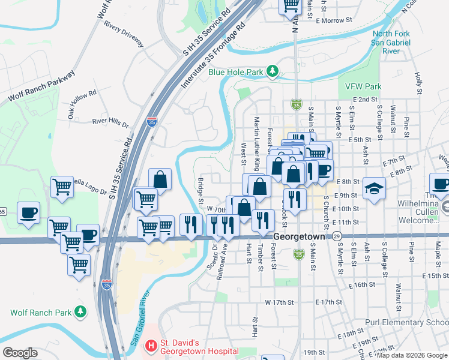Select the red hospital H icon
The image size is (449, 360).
click(x=151, y=346)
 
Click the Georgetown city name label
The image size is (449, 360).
click(x=299, y=237)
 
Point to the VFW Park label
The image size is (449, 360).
click(x=363, y=86)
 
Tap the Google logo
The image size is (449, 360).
click(x=20, y=353)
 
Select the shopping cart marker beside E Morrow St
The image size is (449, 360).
click(x=291, y=5)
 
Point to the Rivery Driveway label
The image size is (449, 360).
click(x=124, y=35)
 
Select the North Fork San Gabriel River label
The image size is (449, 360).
click(x=391, y=43)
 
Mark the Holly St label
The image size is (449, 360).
click(x=418, y=80)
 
